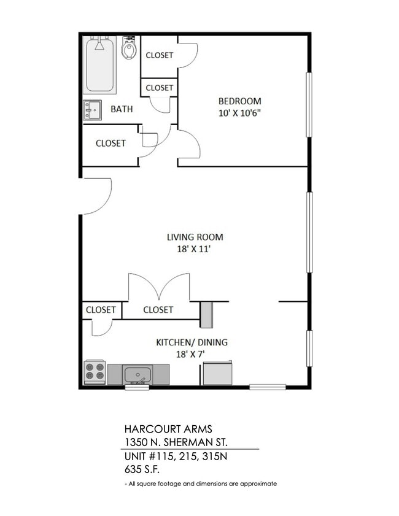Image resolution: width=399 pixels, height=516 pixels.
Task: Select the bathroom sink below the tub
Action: tap(93, 110)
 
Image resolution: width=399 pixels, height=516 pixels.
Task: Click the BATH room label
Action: tap(122, 109)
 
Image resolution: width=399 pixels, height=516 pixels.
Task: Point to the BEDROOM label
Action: tap(240, 101)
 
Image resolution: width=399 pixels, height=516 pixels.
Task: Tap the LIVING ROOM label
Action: tap(195, 237)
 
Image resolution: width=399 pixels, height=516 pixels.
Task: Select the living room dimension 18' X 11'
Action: tap(195, 249)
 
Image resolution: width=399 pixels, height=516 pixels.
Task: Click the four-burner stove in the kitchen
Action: tap(95, 372)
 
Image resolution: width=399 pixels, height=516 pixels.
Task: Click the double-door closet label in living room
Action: tap(158, 310)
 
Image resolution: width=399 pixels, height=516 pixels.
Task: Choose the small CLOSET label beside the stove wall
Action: tap(101, 310)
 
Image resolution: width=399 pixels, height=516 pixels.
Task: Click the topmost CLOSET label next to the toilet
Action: tap(159, 55)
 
